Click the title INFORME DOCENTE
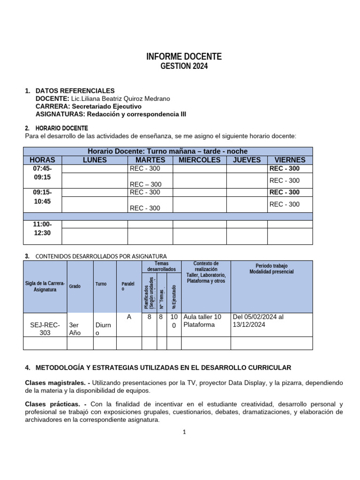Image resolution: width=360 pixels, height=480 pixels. [184, 57]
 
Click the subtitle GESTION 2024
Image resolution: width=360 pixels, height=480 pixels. [184, 67]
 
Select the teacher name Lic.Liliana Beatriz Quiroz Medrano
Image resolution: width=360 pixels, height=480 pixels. [120, 98]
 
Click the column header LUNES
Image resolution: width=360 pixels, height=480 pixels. [95, 160]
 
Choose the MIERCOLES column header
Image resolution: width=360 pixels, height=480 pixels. [199, 160]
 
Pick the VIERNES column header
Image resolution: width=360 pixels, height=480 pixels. [289, 160]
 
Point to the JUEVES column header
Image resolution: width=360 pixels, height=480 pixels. [247, 160]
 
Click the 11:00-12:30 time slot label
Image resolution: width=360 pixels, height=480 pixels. [42, 228]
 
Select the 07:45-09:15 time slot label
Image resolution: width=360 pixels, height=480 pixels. [42, 173]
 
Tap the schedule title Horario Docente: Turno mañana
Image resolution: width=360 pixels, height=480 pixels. [167, 151]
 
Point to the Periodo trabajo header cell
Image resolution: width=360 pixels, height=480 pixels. [271, 269]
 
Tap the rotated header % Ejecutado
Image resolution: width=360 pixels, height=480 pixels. [174, 296]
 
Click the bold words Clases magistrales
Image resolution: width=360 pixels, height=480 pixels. [55, 383]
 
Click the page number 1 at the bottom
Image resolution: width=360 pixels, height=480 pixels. [185, 432]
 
